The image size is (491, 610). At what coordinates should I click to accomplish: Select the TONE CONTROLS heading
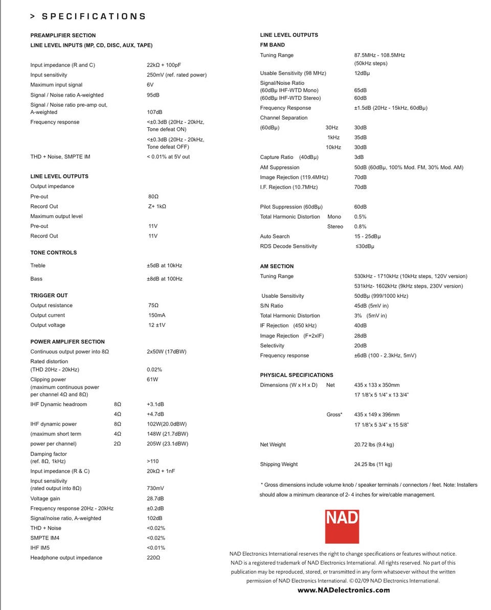pyautogui.click(x=54, y=252)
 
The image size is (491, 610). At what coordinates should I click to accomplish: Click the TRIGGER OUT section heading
pyautogui.click(x=49, y=295)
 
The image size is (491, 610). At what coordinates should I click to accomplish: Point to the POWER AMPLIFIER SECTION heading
pyautogui.click(x=68, y=342)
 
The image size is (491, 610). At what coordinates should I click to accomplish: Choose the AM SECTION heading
pyautogui.click(x=277, y=266)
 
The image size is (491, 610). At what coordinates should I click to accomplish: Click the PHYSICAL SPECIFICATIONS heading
pyautogui.click(x=297, y=375)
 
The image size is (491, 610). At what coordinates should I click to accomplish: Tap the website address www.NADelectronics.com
pyautogui.click(x=343, y=590)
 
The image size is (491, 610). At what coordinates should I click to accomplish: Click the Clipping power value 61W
pyautogui.click(x=152, y=380)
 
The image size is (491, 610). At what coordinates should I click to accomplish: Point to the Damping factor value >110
pyautogui.click(x=152, y=461)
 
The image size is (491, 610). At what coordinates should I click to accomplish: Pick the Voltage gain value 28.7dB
pyautogui.click(x=155, y=499)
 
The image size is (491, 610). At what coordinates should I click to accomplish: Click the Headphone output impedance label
pyautogui.click(x=66, y=558)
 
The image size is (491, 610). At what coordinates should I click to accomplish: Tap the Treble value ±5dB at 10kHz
pyautogui.click(x=164, y=266)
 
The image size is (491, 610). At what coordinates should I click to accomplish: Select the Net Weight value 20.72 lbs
pyautogui.click(x=374, y=444)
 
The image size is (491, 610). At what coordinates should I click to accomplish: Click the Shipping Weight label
pyautogui.click(x=279, y=464)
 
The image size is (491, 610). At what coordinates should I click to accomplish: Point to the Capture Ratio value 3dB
pyautogui.click(x=359, y=157)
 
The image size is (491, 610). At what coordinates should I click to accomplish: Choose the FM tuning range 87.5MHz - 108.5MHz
pyautogui.click(x=380, y=55)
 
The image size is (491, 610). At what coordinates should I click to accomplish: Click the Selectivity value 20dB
pyautogui.click(x=360, y=346)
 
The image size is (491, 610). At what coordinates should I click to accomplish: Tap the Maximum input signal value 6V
pyautogui.click(x=150, y=85)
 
